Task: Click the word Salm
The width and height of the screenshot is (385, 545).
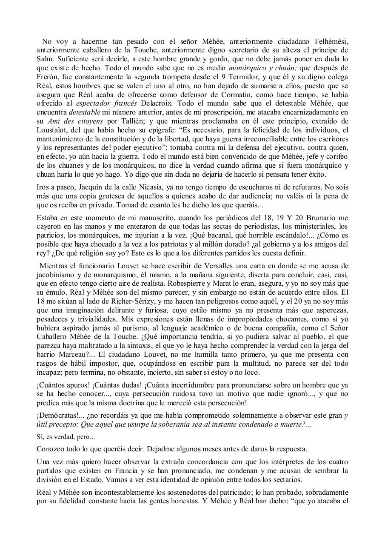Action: click(45, 59)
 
